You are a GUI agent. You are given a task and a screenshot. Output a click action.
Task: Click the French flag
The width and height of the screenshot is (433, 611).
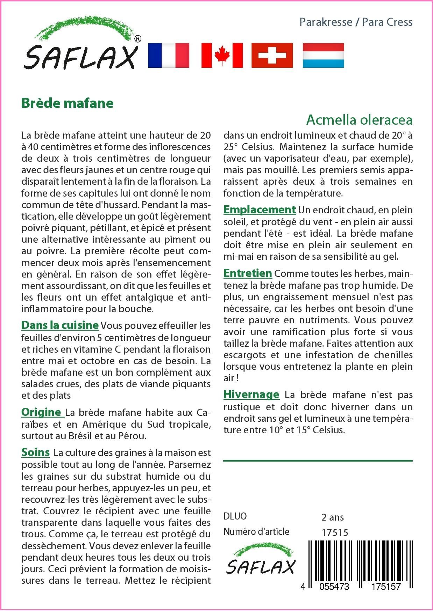click(169, 55)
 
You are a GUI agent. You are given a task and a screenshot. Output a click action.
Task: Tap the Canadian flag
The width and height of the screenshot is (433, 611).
click(222, 55)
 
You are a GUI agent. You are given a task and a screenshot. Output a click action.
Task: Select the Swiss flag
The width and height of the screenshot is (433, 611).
click(272, 55)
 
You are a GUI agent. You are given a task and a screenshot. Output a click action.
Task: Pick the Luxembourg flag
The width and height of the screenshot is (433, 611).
click(323, 55)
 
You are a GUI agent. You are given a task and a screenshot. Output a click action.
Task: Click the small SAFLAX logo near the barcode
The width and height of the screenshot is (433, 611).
click(261, 562)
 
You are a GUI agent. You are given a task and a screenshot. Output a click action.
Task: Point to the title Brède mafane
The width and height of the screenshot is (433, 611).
click(68, 103)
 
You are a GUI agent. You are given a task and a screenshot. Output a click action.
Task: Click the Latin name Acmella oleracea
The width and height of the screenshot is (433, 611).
click(359, 120)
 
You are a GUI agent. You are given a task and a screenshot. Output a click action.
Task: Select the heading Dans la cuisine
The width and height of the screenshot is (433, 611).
click(60, 325)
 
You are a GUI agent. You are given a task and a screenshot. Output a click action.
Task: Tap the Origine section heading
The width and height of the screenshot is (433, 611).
click(43, 412)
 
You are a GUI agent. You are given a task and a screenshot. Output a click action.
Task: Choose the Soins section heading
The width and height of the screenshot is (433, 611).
click(36, 452)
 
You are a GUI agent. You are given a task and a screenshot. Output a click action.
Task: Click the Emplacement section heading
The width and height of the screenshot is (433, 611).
click(260, 209)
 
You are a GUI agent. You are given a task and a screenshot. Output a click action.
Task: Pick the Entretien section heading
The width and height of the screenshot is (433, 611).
click(248, 273)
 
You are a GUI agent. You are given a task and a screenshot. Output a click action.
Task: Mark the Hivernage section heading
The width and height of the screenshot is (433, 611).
click(251, 395)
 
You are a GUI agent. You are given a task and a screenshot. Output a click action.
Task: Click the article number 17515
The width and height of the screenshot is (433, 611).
click(335, 532)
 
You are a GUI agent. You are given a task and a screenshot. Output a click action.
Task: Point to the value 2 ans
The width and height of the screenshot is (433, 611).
click(333, 517)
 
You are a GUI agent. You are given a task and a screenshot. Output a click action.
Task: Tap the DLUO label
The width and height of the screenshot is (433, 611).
click(235, 516)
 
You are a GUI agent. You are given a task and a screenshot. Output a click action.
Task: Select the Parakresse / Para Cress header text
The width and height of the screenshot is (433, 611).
click(356, 22)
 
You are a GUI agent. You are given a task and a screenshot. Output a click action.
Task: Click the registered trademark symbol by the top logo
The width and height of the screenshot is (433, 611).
click(138, 39)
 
